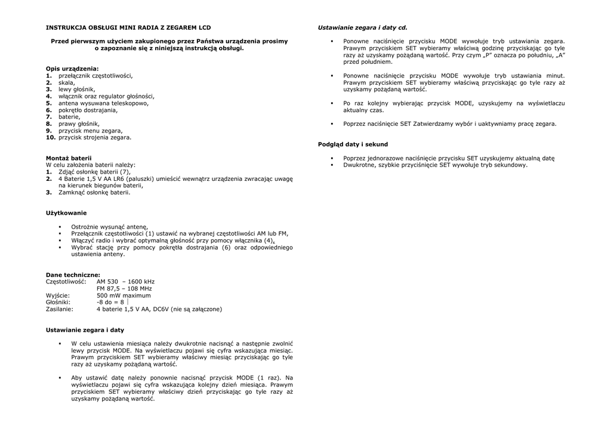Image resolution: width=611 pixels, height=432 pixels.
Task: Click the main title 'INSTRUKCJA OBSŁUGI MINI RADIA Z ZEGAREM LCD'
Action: tap(128, 27)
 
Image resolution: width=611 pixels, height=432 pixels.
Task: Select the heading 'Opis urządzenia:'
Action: tap(72, 69)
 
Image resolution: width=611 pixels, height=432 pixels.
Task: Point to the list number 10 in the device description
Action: tap(51, 137)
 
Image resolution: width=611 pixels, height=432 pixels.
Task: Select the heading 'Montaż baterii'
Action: tap(69, 158)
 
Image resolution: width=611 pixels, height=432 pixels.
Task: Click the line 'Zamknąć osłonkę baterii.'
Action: tap(94, 193)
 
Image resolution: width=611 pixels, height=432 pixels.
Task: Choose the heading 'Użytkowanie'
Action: tap(66, 213)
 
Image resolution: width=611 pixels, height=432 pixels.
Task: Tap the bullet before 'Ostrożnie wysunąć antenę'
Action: tap(60, 227)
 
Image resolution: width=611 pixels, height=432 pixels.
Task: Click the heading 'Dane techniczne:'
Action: tap(73, 274)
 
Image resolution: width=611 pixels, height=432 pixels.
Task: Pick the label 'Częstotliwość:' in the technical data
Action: tap(66, 282)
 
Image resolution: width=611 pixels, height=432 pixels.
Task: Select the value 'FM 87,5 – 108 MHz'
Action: tap(124, 288)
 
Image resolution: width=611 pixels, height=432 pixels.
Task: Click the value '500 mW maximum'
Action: tap(124, 295)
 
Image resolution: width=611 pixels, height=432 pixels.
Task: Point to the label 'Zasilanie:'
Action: tap(60, 309)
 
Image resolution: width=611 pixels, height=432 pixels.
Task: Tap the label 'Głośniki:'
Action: tap(58, 303)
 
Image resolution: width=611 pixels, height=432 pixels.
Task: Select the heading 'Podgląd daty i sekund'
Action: tap(353, 144)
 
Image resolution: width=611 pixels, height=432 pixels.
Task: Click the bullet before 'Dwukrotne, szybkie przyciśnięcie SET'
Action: tap(331, 165)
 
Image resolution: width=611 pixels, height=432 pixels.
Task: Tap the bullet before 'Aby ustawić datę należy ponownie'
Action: tap(60, 378)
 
